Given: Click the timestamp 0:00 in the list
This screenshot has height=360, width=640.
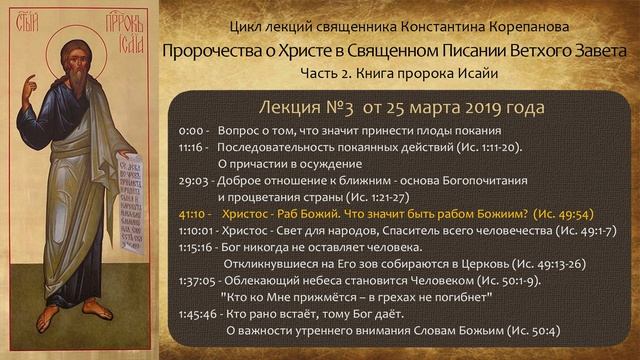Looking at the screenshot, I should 191,132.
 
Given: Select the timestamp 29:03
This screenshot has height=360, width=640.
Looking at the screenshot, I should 194,184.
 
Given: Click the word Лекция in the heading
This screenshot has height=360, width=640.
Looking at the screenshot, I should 293,107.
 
